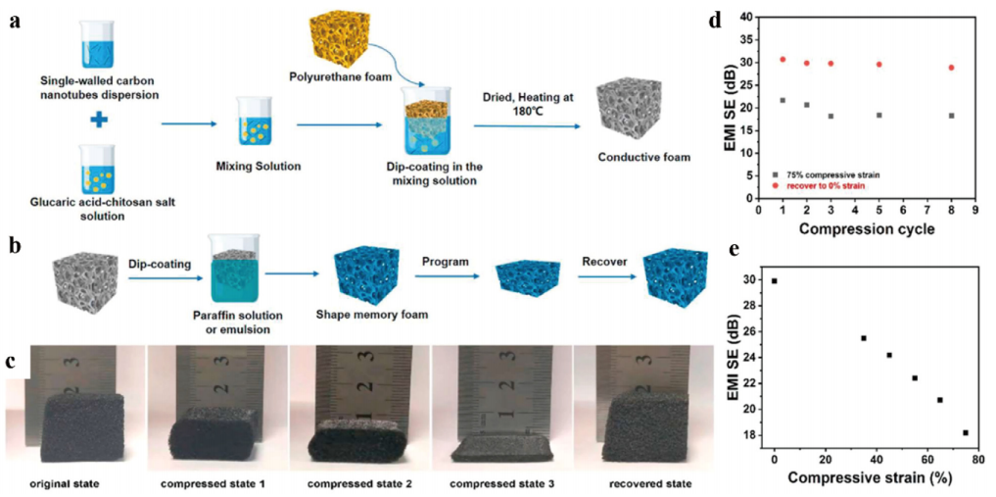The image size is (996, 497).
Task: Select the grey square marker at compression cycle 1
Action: [783, 100]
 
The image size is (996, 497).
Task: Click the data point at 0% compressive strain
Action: [775, 281]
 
